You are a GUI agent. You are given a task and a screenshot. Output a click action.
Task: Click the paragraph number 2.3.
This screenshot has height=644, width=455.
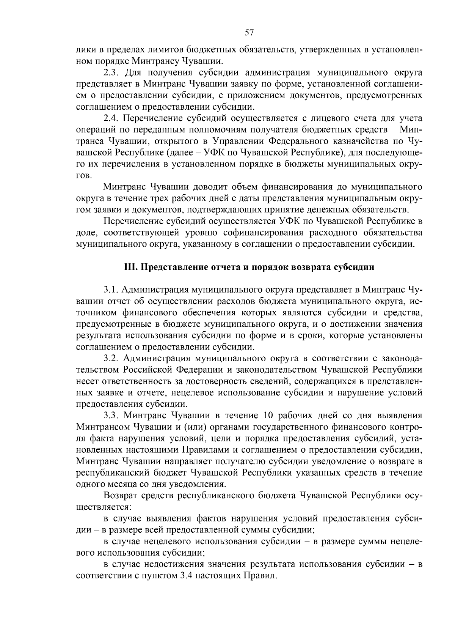(x=111, y=72)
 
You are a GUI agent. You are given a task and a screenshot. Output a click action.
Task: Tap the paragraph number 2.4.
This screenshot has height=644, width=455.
(x=111, y=118)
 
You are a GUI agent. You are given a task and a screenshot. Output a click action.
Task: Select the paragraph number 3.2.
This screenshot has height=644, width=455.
(x=111, y=358)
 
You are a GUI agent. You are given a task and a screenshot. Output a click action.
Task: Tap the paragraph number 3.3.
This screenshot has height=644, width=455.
(x=111, y=416)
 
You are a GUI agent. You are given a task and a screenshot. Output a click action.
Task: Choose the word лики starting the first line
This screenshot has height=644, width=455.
(x=84, y=50)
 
